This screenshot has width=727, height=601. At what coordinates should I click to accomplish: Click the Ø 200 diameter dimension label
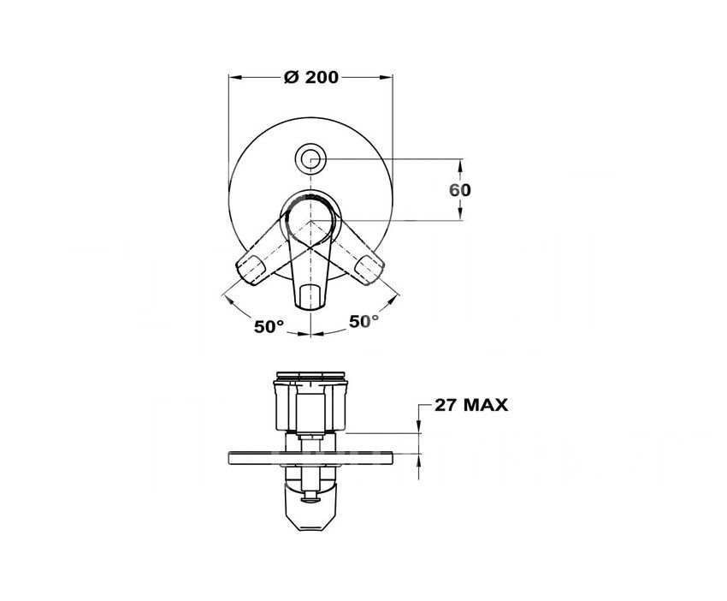click(x=311, y=77)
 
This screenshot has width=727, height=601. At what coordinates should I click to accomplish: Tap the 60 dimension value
click(x=459, y=190)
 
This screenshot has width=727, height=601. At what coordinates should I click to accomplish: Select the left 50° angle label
click(x=269, y=326)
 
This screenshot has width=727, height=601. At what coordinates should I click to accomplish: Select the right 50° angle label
click(x=363, y=321)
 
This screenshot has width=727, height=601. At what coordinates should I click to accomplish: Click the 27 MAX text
click(x=471, y=405)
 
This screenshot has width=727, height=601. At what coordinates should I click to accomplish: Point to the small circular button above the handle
click(x=310, y=158)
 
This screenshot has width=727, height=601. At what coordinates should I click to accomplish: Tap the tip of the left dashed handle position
click(x=245, y=277)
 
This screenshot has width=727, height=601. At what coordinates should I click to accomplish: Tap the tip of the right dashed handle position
click(x=375, y=276)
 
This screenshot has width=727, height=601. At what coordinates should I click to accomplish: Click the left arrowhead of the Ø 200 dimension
click(x=234, y=78)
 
